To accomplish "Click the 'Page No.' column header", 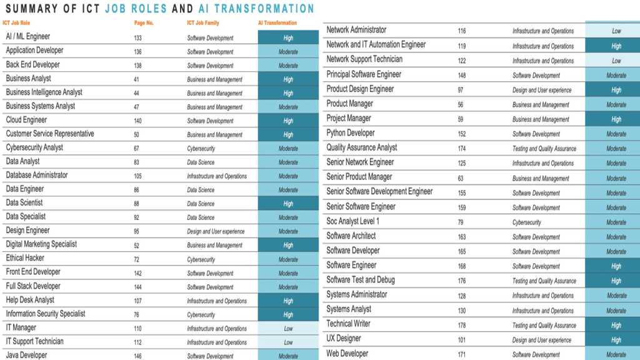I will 144,23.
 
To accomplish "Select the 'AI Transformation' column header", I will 277,23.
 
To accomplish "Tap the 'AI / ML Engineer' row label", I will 28,37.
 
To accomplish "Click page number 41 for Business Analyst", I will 136,79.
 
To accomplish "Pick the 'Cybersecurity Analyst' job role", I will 34,148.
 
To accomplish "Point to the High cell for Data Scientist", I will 288,204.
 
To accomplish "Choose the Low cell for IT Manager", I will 288,329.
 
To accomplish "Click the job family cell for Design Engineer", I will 216,232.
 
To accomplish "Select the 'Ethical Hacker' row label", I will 25,258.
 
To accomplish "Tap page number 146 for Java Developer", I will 137,356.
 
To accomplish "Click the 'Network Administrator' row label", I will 356,30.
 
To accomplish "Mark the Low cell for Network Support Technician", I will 616,61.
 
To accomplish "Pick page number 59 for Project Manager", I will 461,119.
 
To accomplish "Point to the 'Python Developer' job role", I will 351,133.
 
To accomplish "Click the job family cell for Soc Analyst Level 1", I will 527,222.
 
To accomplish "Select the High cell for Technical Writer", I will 616,326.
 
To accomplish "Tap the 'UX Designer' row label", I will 344,339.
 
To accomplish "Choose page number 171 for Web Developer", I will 462,355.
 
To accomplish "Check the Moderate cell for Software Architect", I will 616,237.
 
